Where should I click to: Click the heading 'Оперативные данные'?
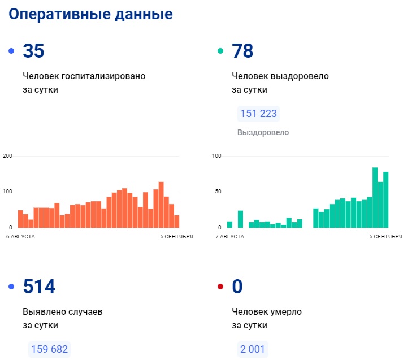coord(91,14)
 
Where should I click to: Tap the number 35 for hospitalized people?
coord(33,51)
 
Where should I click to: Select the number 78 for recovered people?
coord(242,51)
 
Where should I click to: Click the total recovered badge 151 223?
coord(258,114)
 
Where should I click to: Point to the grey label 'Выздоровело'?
coord(263,132)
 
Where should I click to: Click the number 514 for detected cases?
coord(39,287)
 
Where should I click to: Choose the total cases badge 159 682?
coord(49,349)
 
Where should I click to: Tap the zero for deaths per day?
coord(237,287)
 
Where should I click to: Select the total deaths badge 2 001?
coord(253,349)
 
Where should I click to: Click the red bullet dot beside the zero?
coord(220,287)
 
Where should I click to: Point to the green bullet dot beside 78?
coord(220,51)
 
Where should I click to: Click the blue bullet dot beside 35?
coord(11,51)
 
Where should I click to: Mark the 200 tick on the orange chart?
coord(7,155)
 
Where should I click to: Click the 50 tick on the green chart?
coord(217,192)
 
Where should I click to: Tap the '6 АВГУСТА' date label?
coord(21,236)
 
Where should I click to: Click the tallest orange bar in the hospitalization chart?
coord(161,205)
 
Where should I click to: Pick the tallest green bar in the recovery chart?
coord(375,198)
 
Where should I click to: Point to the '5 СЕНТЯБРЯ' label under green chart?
coord(386,236)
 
